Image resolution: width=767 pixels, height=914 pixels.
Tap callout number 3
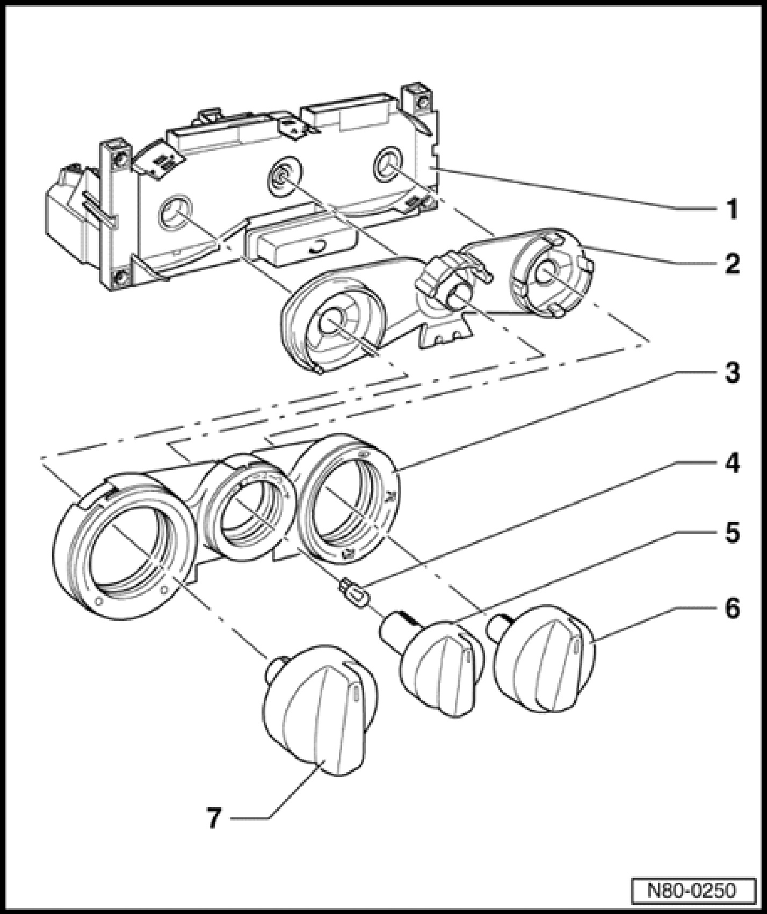(x=731, y=372)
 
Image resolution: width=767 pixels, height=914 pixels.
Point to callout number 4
(x=731, y=462)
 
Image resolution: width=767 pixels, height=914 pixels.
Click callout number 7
(x=214, y=818)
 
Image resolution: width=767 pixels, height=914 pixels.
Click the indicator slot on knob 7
(x=355, y=693)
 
